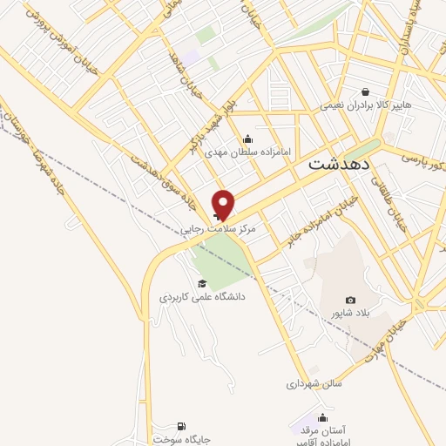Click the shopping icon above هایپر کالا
365,91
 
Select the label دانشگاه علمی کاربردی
202,297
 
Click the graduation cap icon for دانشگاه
202,283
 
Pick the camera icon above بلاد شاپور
350,300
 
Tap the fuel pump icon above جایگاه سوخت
180,426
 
